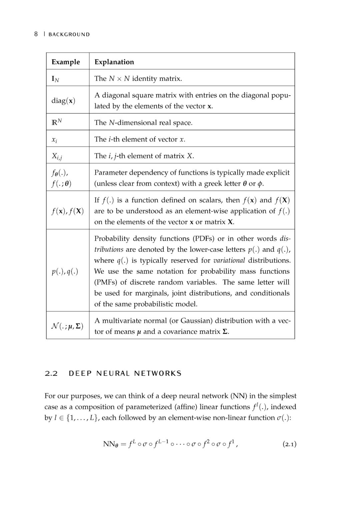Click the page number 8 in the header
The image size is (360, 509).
pos(36,34)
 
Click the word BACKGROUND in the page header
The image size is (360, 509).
pos(69,34)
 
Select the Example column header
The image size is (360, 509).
pos(66,62)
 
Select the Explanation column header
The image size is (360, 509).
pos(114,62)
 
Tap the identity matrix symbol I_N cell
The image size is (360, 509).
pos(55,79)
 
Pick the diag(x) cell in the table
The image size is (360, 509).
pos(63,100)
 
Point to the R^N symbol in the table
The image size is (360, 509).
pos(56,122)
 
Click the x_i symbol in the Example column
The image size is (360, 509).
pos(54,140)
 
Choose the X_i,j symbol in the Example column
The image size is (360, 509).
pos(57,156)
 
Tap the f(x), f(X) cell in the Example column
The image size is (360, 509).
pos(68,211)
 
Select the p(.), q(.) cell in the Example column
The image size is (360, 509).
pos(65,271)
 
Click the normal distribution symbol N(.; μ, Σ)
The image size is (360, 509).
pos(67,326)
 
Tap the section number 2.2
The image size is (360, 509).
pos(51,373)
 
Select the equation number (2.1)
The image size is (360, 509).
pos(289,444)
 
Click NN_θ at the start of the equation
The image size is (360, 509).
pos(111,444)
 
